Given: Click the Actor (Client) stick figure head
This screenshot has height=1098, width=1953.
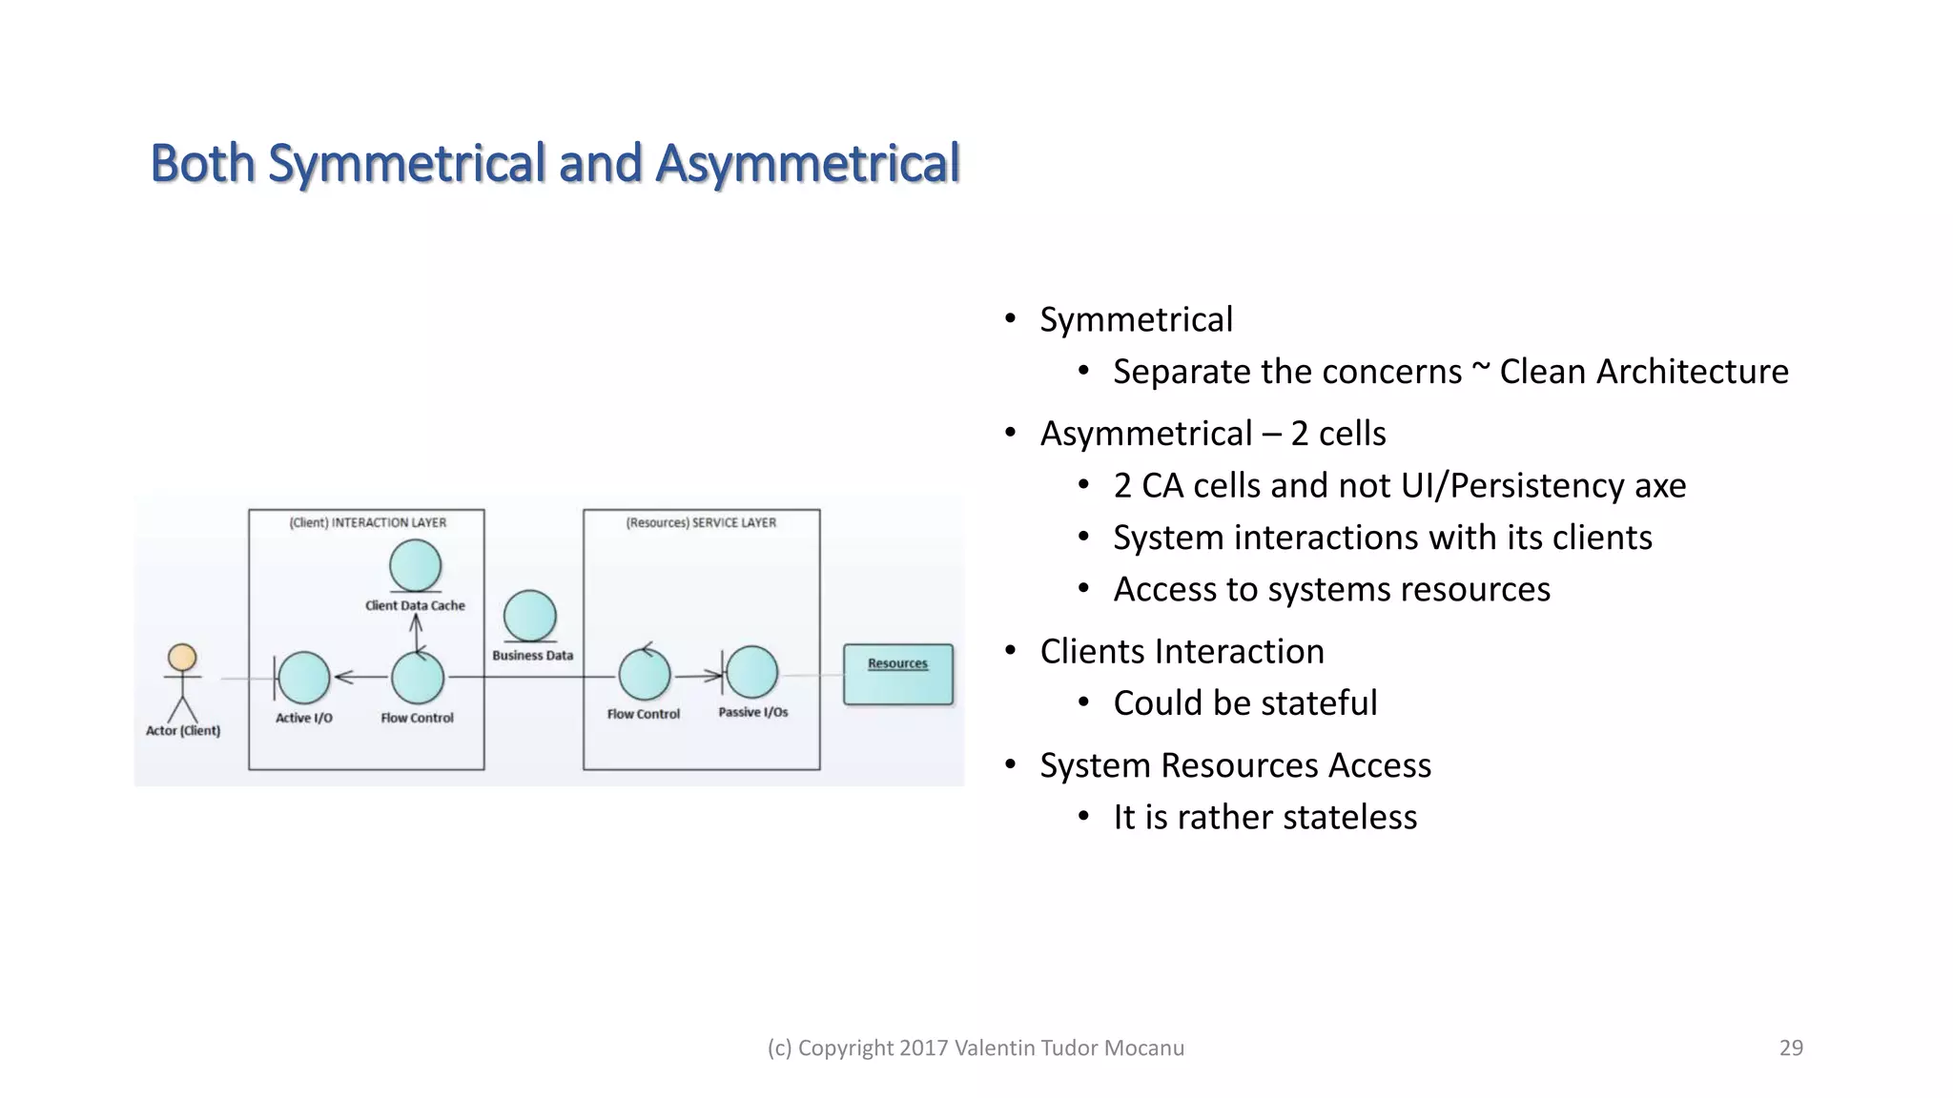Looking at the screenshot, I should click(x=182, y=658).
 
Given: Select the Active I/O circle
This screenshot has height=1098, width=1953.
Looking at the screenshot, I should click(x=304, y=678).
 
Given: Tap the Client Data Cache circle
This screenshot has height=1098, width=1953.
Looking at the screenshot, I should click(x=416, y=565).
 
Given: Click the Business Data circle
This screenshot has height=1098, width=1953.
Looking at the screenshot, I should click(x=530, y=616).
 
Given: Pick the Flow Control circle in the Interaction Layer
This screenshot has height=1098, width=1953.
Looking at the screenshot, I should click(x=418, y=678).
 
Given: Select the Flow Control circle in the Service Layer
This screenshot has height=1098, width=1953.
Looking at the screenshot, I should click(x=645, y=675).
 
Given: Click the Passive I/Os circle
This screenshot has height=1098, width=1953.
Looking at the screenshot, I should click(x=752, y=672).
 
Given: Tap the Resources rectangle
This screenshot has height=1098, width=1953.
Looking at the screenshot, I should click(x=897, y=675).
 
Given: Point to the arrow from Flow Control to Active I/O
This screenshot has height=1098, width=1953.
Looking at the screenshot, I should click(x=360, y=678).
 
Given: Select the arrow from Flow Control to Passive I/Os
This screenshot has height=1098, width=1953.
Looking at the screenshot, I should click(x=700, y=676).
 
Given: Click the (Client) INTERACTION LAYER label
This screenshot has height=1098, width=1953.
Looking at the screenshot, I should click(x=367, y=522).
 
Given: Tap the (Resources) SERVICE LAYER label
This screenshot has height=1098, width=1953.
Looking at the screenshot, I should click(x=701, y=522).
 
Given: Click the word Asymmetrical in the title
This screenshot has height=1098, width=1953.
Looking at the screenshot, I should click(x=808, y=163).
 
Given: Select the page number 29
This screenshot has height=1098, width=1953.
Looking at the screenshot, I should click(x=1791, y=1047).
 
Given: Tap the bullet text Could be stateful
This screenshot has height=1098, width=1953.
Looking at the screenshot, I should click(x=1244, y=703).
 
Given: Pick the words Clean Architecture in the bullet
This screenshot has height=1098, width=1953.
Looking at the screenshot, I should click(x=1643, y=372).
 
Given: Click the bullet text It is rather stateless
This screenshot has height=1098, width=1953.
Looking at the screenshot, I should click(x=1264, y=818).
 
